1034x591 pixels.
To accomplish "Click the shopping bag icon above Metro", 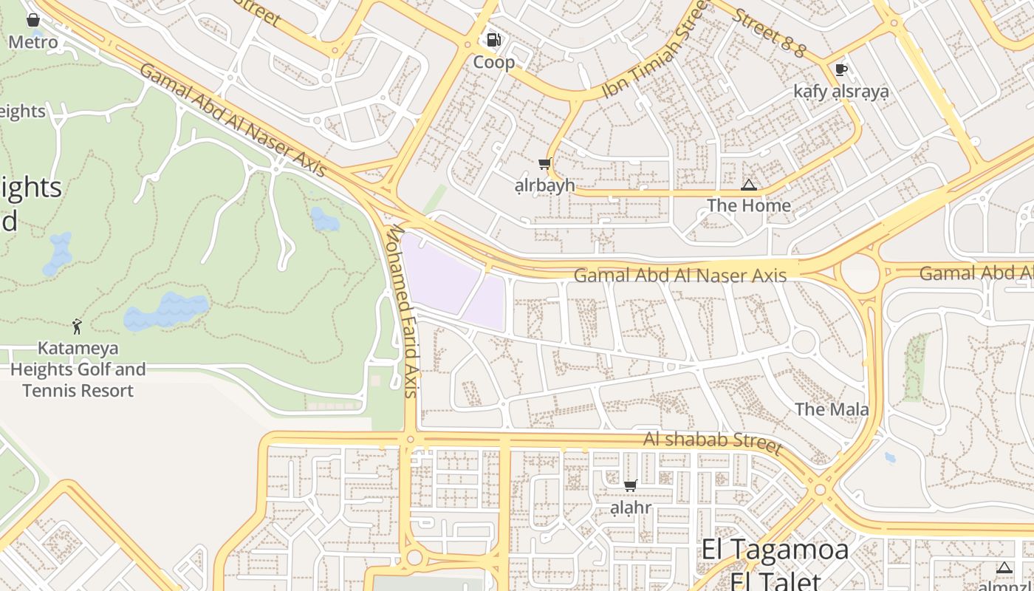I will click(x=32, y=20).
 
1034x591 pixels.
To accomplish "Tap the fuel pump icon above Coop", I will click(x=493, y=40).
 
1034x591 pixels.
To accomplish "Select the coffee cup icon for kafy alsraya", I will click(x=840, y=69).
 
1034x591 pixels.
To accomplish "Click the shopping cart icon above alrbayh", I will click(x=544, y=164).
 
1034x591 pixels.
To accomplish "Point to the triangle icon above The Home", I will click(x=749, y=185).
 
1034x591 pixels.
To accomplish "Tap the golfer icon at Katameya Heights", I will click(x=77, y=326).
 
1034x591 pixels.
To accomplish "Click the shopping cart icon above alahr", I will click(x=630, y=485).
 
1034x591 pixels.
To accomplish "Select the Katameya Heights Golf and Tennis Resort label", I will click(x=78, y=369).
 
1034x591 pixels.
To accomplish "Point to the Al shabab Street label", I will click(x=712, y=441).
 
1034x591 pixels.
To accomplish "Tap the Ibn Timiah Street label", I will click(x=655, y=49).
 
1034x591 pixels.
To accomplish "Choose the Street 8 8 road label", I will click(x=769, y=30).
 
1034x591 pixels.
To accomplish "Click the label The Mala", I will click(x=832, y=409).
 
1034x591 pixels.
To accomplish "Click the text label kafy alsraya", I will click(x=840, y=91).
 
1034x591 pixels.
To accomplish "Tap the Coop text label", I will click(x=493, y=62).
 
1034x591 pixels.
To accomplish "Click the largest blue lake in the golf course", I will click(x=166, y=310).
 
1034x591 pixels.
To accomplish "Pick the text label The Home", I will click(x=749, y=205).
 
